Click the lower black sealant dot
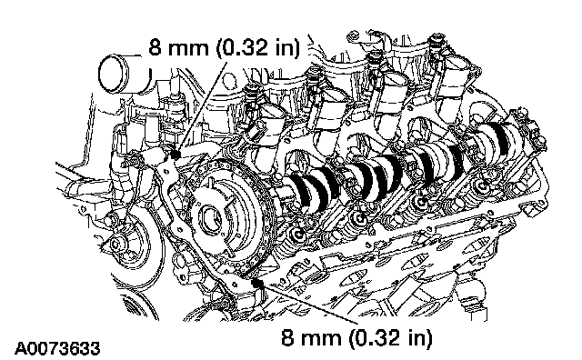(x=256, y=284)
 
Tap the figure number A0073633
(x=57, y=348)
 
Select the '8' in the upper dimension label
(x=156, y=46)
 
